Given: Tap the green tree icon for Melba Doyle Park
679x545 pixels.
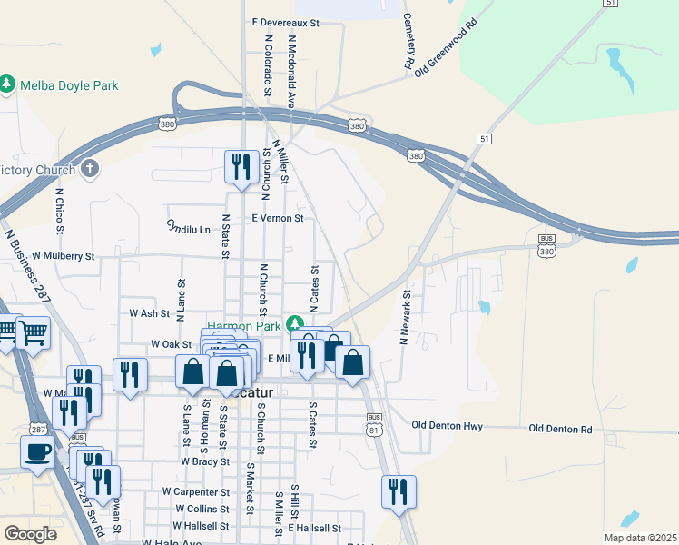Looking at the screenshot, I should click(8, 84).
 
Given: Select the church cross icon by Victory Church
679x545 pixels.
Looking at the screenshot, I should click(89, 169).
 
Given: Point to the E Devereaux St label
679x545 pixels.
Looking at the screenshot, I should click(286, 22).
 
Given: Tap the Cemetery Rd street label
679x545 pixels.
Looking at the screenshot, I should click(408, 41).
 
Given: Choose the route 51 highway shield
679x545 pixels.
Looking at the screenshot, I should click(484, 137).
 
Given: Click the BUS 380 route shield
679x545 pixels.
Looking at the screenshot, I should click(546, 243).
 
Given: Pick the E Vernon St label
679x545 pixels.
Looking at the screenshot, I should click(277, 218).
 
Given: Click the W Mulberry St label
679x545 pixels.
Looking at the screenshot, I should click(64, 256).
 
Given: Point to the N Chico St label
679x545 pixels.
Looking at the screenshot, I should click(60, 211).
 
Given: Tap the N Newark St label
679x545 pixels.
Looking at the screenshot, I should click(405, 318).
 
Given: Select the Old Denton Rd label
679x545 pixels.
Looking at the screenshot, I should click(560, 428).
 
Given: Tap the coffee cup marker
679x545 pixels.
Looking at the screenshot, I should click(37, 451).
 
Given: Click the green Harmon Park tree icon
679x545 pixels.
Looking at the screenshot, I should click(294, 323).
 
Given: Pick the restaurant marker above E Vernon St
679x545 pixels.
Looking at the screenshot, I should click(241, 166).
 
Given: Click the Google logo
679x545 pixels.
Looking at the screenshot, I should click(30, 534).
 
